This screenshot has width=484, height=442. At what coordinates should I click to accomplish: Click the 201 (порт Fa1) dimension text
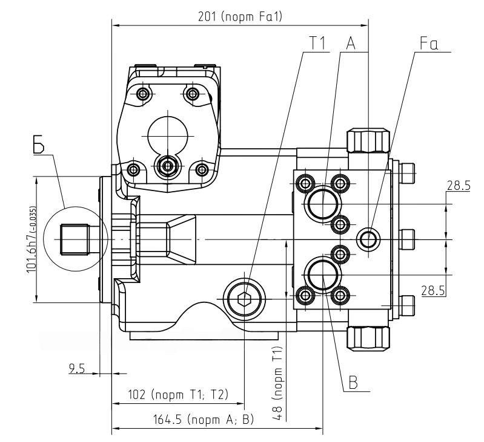click(x=240, y=17)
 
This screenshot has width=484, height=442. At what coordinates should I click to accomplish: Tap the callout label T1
click(x=317, y=42)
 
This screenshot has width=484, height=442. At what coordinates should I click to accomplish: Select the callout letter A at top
click(x=351, y=42)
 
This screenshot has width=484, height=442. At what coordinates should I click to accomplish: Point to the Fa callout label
click(x=429, y=43)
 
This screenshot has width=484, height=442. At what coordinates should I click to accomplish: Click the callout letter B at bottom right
click(x=353, y=382)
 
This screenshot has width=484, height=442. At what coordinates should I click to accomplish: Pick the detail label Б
click(x=39, y=144)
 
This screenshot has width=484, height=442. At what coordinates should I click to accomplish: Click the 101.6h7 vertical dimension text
click(x=31, y=239)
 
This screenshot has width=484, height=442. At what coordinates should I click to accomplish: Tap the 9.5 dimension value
click(x=77, y=368)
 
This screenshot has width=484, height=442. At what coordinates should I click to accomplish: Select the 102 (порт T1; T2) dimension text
click(x=178, y=395)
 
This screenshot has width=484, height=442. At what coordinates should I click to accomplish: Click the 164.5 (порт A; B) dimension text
click(x=204, y=420)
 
